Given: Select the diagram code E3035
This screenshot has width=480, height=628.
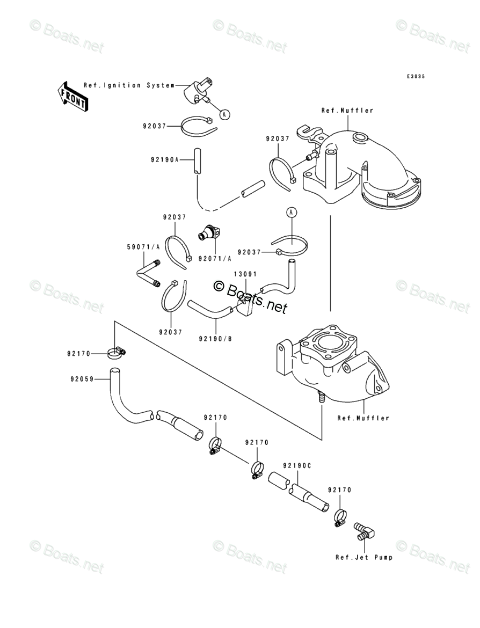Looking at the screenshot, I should tap(415, 77).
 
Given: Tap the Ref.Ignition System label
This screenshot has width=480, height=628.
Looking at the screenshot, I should tap(128, 85).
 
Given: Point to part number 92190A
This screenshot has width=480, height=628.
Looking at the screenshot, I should tap(164, 159).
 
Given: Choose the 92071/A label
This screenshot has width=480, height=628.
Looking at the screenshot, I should tap(215, 258).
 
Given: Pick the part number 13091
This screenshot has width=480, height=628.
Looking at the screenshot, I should tap(243, 274).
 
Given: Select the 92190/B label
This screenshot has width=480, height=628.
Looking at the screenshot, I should tap(215, 339).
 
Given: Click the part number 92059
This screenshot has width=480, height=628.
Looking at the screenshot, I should tap(82, 379).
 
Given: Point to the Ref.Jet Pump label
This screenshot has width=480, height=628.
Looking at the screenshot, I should tap(364, 557).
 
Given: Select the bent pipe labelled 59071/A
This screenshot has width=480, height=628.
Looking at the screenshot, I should tap(148, 273).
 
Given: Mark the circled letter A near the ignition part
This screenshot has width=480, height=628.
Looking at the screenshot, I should tap(225, 114).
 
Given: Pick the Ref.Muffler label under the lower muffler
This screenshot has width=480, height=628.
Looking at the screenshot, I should tap(363, 418).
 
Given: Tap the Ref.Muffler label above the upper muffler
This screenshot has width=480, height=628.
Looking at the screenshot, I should tap(347, 111).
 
